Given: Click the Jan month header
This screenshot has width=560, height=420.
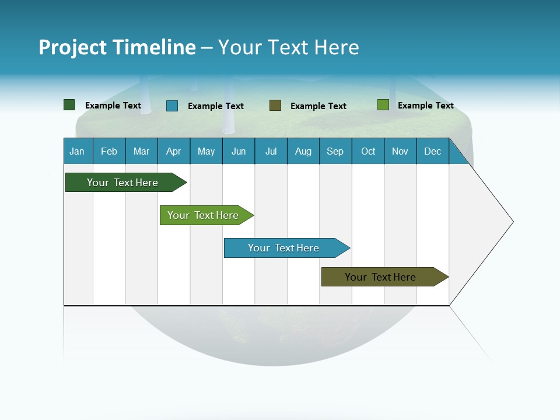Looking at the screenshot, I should tap(78, 151).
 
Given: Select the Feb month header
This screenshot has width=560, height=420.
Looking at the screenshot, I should tap(109, 151).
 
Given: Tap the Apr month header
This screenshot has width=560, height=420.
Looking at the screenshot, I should tap(174, 151).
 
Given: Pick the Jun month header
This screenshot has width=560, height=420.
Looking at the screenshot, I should tap(239, 151).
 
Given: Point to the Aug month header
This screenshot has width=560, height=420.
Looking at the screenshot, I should tap(303, 151).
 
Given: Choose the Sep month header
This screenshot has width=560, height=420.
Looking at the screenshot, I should tap(335, 151).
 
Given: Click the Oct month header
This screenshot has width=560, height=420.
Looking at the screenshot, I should tap(368, 151).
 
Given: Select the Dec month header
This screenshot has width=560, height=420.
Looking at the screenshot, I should tap(433, 151).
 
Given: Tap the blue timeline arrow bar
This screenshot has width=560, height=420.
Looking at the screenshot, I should tap(284, 248).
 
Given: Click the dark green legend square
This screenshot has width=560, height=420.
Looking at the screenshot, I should tap(69, 105).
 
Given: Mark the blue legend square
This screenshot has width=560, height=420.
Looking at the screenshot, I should tap(172, 106).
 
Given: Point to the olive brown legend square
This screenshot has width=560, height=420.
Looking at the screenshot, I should tap(275, 106).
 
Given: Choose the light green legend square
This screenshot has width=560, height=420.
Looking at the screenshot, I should tap(383, 105).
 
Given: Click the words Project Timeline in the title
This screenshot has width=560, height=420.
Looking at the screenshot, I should tap(117, 47).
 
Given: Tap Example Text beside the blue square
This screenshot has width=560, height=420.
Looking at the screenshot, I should tap(216, 106).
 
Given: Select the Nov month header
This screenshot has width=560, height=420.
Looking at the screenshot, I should tap(400, 151).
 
